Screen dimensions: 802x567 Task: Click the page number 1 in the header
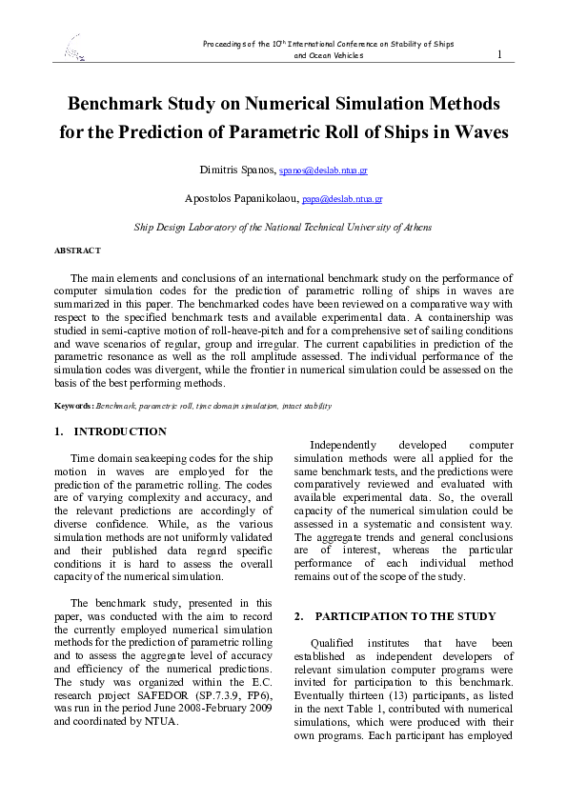[x=499, y=54]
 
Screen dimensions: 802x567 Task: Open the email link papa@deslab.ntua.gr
[x=341, y=200]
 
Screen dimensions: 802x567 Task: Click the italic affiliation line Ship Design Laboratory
[x=283, y=228]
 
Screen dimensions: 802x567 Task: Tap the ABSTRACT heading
[x=77, y=251]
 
